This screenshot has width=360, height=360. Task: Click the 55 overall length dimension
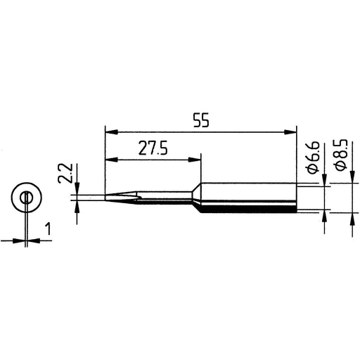point(201,120)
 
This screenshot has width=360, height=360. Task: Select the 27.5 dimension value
point(153,148)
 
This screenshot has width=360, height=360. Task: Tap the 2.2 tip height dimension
point(65,173)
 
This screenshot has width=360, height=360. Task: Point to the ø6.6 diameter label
point(313,157)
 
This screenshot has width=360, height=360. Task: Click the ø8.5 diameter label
point(340,155)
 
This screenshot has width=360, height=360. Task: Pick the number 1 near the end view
point(49,229)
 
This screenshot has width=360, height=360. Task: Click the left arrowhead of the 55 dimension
point(112,132)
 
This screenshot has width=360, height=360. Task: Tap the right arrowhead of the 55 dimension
point(290,132)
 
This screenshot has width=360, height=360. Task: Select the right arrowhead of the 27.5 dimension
point(195,160)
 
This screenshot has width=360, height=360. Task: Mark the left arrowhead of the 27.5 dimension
point(112,160)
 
